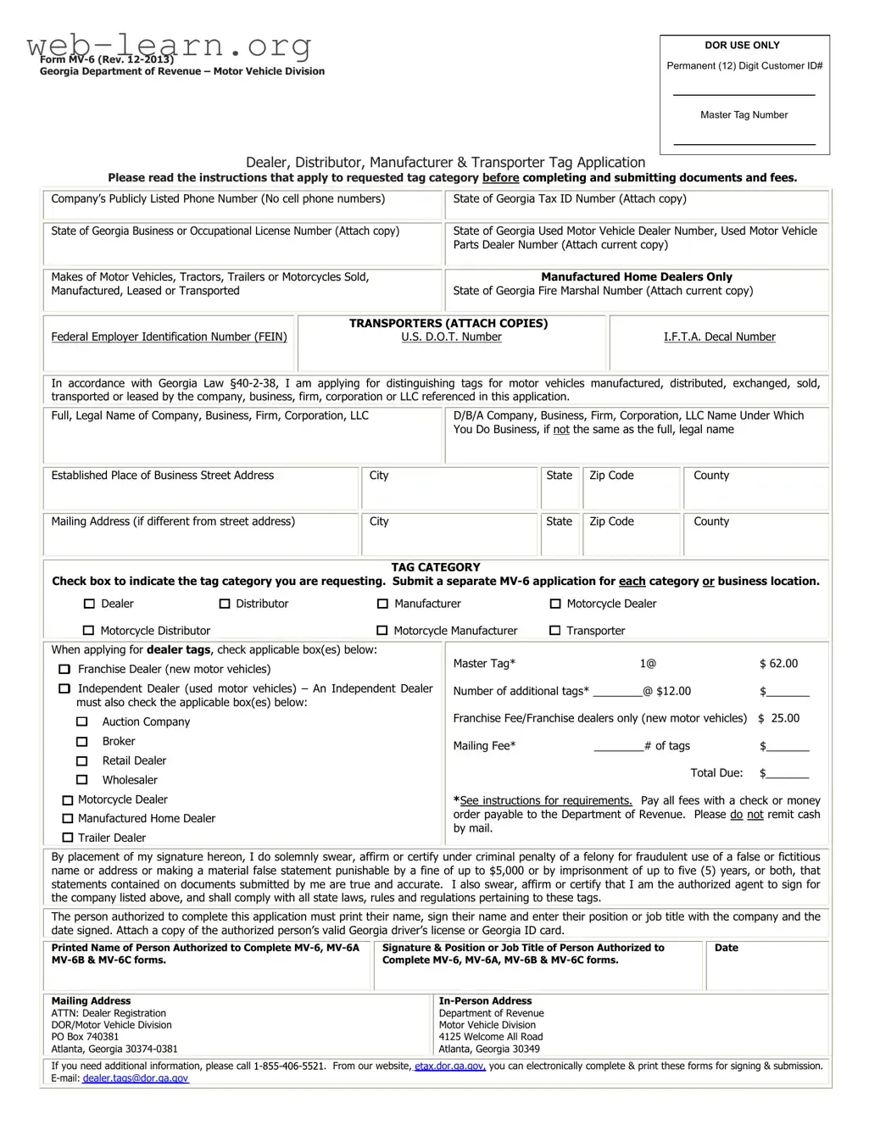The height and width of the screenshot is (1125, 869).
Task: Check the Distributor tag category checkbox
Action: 225,604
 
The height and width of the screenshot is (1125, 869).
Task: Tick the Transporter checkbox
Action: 555,631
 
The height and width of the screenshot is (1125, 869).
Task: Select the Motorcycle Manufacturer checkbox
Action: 382,631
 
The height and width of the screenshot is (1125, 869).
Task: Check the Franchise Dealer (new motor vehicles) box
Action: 64,669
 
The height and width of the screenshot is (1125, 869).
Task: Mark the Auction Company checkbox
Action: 82,721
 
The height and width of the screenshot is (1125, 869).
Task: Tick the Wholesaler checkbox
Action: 82,780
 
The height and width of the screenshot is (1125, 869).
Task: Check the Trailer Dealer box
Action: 68,838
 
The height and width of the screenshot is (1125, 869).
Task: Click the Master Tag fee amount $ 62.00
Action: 778,664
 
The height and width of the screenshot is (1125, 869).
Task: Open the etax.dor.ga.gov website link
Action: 449,1067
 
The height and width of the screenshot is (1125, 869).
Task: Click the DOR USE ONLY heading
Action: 742,45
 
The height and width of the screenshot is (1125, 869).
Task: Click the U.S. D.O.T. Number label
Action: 451,337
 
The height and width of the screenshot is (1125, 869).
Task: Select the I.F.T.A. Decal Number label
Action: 719,337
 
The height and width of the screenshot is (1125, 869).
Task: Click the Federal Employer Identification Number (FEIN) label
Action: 169,337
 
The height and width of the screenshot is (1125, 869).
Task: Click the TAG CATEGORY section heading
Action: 435,567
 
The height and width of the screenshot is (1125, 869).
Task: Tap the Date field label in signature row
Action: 726,948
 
